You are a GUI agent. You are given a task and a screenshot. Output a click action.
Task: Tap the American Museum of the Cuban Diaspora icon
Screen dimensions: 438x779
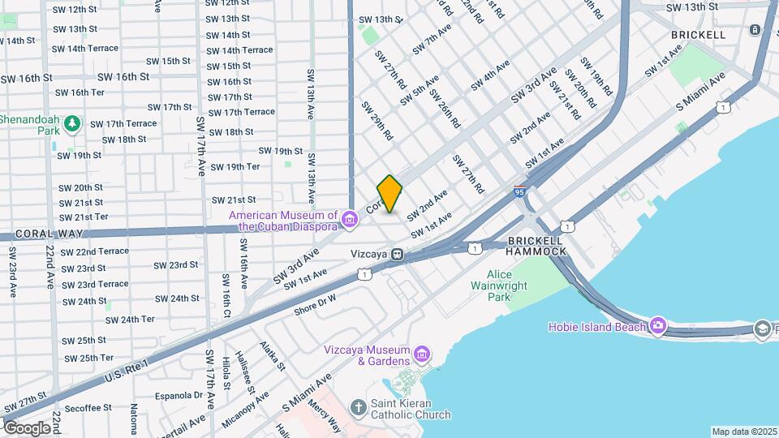pos(350,219)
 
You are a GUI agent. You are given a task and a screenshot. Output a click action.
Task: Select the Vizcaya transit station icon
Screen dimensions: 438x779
pos(397,254)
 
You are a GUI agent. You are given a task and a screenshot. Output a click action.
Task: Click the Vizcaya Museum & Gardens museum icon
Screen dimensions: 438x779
pos(421,354)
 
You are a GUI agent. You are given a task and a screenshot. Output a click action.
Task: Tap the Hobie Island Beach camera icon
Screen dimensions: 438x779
pos(657,326)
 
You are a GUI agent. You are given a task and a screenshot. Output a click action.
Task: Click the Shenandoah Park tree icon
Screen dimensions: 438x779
pos(73,123)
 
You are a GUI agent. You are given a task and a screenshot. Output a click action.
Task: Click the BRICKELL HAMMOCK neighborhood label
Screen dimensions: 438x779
pos(536,247)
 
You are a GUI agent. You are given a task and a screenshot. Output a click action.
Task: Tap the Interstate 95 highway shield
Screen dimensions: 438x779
pos(519,192)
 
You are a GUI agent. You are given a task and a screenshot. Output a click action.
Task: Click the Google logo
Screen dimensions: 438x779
pos(28,427)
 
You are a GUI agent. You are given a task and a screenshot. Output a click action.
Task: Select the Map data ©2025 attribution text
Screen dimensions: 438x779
pos(744,432)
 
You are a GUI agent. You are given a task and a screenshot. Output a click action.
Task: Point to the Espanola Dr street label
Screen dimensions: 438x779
pos(175,395)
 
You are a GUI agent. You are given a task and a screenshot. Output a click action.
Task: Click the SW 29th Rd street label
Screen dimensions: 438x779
pos(377,120)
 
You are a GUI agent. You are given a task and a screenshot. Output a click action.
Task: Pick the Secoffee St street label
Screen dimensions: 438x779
pos(84,407)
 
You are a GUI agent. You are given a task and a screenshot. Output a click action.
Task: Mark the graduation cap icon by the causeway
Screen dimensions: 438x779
pos(762,328)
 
